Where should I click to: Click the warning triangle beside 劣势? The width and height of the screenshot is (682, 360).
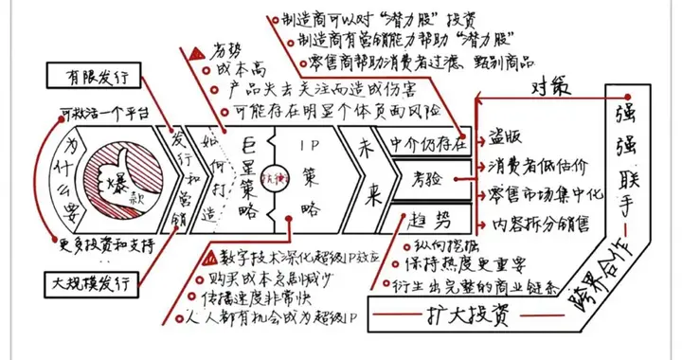[196, 52]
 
